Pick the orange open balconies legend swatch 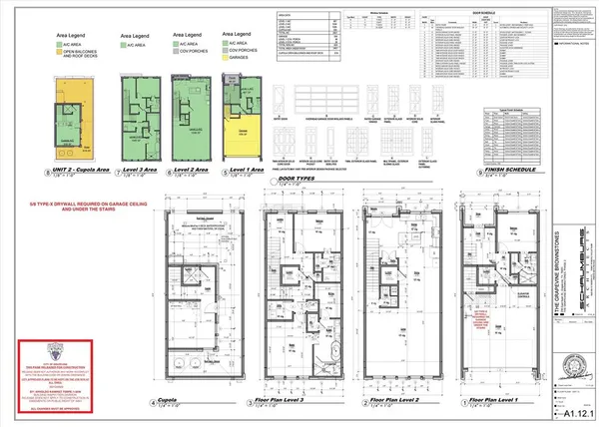coord(57,57)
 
